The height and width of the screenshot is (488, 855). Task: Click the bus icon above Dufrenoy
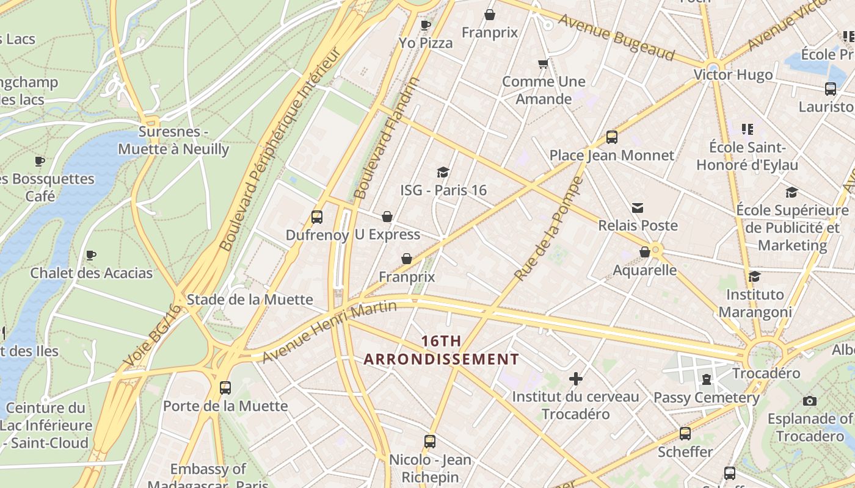[x=316, y=217]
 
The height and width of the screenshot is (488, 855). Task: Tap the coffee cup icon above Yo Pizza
[x=426, y=25]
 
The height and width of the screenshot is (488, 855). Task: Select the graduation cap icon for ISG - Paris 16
[x=443, y=173]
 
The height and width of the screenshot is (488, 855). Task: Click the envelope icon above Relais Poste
[x=638, y=208]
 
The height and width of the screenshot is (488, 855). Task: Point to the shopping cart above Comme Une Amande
[x=543, y=63]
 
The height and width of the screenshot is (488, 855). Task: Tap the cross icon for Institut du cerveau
[x=575, y=379]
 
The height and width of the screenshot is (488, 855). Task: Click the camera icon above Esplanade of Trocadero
[x=810, y=401]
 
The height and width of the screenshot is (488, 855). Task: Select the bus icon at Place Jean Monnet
[x=611, y=137]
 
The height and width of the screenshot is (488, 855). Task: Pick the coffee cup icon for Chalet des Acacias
[x=91, y=255]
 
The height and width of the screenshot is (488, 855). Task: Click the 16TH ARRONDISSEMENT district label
[x=441, y=350]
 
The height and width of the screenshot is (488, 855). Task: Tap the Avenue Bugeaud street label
[x=616, y=38]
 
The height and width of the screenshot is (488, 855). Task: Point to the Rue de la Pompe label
[x=548, y=229]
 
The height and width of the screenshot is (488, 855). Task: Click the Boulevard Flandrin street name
[x=387, y=138]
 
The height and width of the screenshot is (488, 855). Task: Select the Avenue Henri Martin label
[x=330, y=331]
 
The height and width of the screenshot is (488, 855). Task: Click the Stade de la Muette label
[x=250, y=300]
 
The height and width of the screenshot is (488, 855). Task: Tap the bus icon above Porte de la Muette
[x=225, y=387]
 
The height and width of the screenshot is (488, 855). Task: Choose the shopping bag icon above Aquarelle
[x=644, y=252]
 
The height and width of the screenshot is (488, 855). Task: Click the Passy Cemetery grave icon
[x=707, y=379]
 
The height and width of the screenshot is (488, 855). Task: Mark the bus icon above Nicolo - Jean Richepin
[x=430, y=441]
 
